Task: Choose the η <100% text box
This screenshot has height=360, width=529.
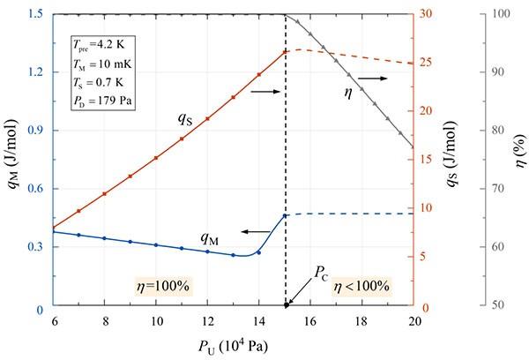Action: [x=361, y=286]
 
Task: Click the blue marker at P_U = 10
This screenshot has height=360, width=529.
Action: [x=156, y=244]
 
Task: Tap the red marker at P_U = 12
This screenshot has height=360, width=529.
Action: [x=207, y=118]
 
